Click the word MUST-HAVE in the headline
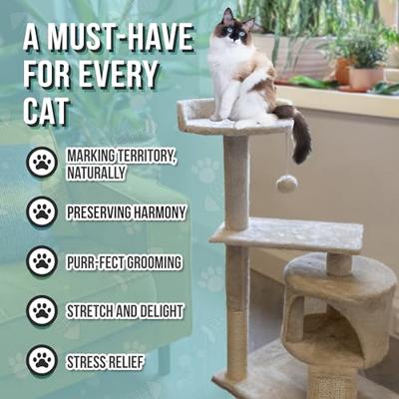[x=121, y=39]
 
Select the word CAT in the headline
[x=47, y=110]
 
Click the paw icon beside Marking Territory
[x=42, y=162]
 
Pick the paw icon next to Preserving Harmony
[x=42, y=211]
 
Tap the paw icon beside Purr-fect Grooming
[x=42, y=261]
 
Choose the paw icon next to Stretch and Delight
[x=42, y=311]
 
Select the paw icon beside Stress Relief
[x=42, y=361]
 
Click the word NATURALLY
[x=96, y=173]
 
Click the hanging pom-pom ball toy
[x=287, y=184]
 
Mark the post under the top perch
[x=236, y=183]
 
